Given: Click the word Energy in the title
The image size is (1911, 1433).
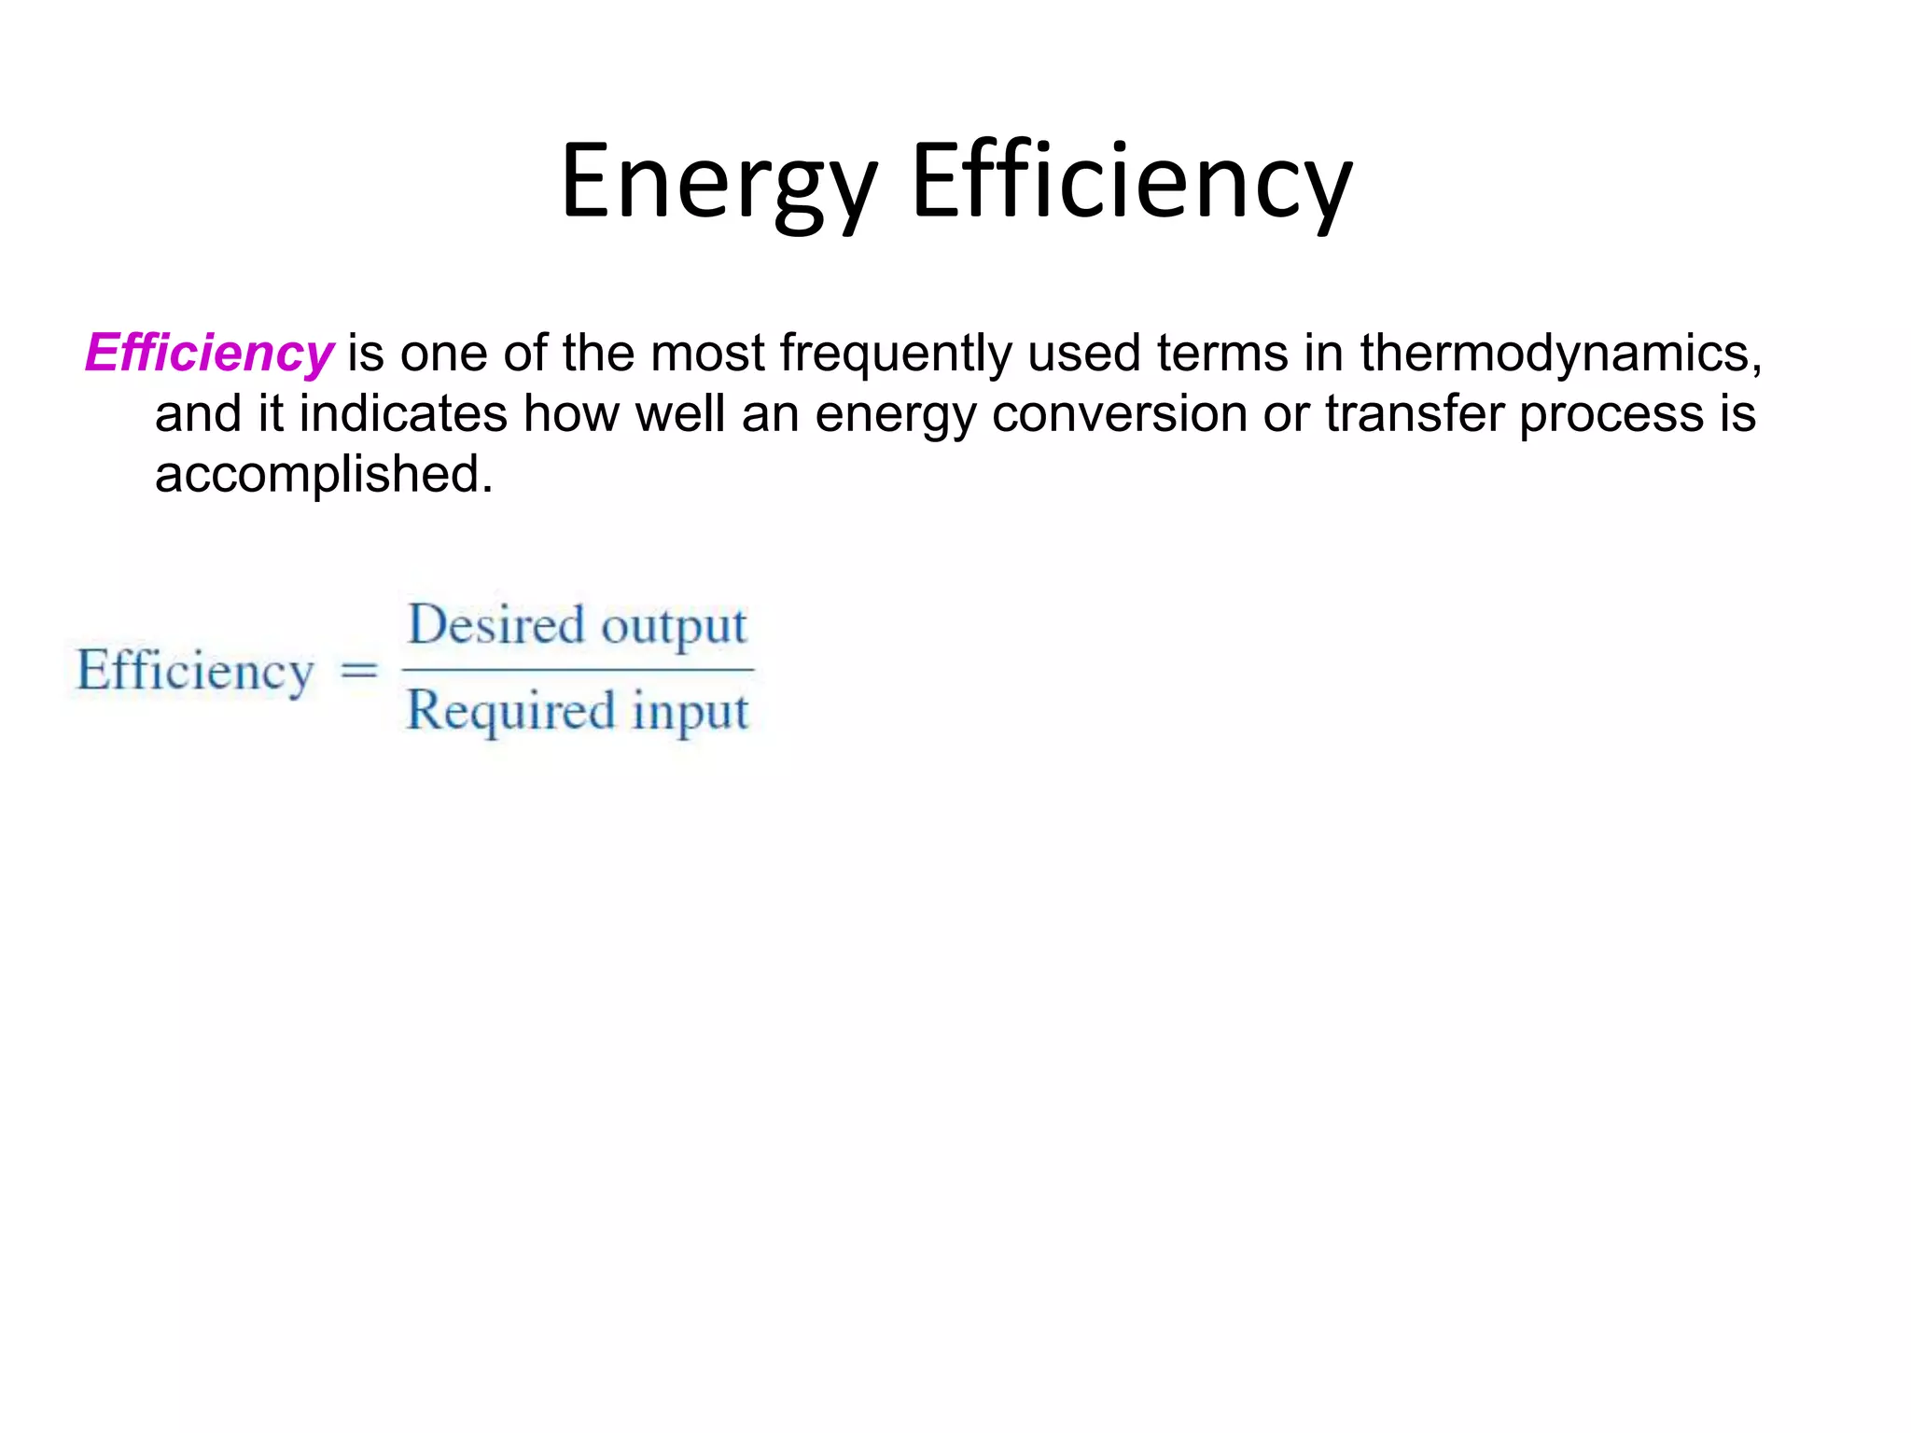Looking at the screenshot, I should (x=719, y=182).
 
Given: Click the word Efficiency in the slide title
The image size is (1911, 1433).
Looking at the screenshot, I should (x=1131, y=182).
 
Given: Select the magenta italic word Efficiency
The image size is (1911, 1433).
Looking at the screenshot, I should (x=209, y=354).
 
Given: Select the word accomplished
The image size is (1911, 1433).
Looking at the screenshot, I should (x=323, y=474).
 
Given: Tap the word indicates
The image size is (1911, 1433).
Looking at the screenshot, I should (x=403, y=413).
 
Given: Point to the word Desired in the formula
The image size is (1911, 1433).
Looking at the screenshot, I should (x=496, y=625).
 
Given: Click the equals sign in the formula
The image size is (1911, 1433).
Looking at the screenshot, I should (x=359, y=670).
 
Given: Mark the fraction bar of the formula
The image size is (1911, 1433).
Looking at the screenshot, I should (x=578, y=669).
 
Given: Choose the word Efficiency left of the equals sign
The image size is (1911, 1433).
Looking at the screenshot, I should (x=195, y=671).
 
